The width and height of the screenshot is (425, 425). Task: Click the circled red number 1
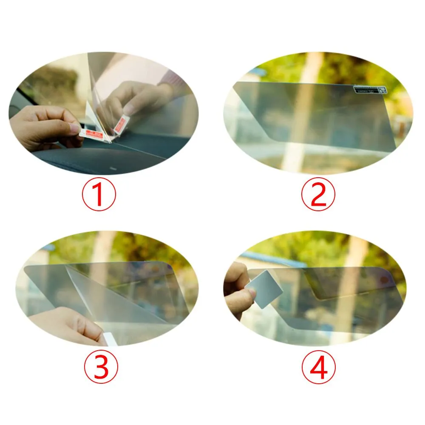[98, 195]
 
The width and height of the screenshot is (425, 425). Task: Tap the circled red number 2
[318, 195]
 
